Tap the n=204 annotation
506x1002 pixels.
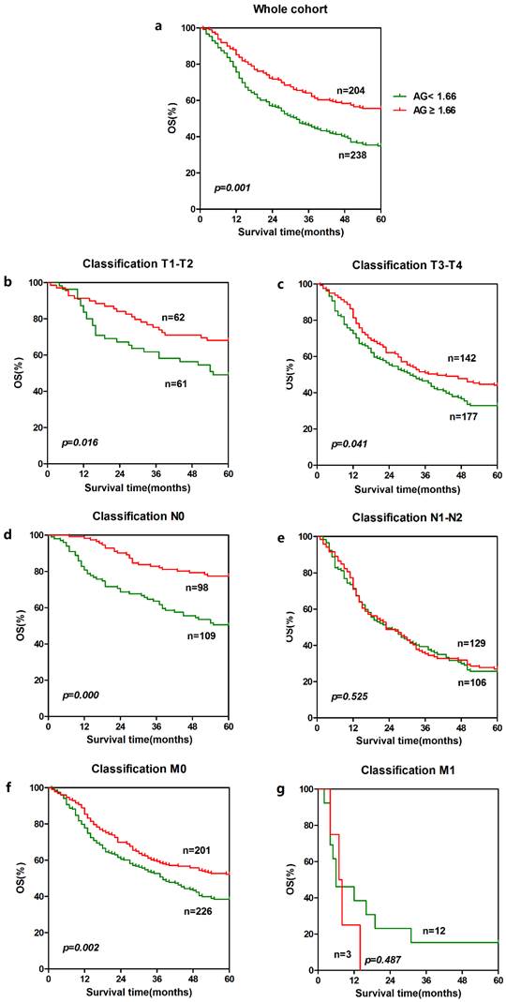tap(350, 91)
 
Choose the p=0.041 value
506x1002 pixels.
tap(350, 441)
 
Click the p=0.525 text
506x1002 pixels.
tap(350, 695)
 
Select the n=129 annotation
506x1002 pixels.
tap(471, 644)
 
